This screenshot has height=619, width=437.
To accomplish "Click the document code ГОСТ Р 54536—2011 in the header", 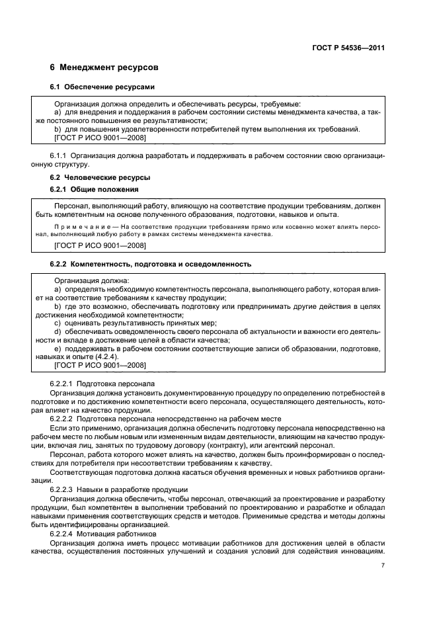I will [348, 47].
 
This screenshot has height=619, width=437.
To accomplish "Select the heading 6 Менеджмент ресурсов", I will [104, 68].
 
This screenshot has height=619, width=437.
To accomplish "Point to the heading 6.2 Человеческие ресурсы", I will [100, 177].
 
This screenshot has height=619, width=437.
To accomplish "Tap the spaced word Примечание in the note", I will [83, 226].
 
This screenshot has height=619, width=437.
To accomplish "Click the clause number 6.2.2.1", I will [63, 384].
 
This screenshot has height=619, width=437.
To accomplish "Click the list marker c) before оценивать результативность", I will [58, 323].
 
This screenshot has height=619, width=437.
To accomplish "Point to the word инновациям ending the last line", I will [362, 551].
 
